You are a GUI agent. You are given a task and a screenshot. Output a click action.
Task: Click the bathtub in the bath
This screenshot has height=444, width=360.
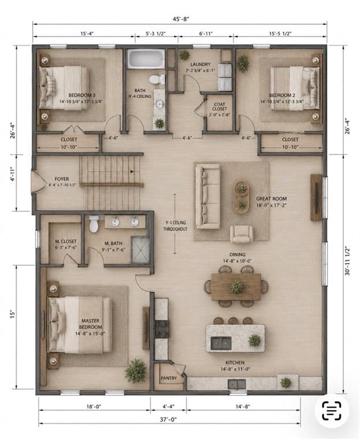(146, 59)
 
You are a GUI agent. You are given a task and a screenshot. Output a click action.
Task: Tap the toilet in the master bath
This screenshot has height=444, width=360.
(94, 224)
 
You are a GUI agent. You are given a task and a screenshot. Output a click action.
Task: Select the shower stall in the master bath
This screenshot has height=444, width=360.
(140, 250)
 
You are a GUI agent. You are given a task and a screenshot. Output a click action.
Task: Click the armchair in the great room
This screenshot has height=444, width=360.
(242, 234)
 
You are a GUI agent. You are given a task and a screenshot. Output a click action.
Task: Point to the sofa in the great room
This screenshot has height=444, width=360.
(208, 197)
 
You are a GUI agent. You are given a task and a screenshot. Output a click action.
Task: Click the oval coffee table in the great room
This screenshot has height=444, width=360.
(241, 197)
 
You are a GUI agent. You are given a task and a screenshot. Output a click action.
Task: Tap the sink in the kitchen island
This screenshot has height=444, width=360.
(221, 343)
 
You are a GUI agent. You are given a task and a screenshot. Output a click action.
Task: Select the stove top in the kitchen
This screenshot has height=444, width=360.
(162, 329)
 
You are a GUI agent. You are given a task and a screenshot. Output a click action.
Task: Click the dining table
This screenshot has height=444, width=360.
(236, 287)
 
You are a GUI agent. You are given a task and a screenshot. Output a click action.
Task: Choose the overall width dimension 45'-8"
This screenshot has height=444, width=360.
(181, 19)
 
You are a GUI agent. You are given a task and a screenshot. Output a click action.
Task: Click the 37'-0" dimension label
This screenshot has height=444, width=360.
(169, 419)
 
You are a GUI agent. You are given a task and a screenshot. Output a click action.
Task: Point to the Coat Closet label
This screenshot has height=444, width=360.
(220, 106)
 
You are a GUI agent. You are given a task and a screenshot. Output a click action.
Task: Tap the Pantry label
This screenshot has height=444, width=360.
(169, 378)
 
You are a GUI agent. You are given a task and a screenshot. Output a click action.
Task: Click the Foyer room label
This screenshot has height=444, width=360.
(62, 179)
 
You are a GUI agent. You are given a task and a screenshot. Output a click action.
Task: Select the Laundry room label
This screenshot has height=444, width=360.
(201, 64)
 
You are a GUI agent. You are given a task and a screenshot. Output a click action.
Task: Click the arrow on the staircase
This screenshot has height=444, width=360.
(132, 171)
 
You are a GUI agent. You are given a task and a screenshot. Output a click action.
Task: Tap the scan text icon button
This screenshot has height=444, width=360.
(332, 410)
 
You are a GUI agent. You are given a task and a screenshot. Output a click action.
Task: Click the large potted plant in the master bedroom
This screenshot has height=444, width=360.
(136, 371)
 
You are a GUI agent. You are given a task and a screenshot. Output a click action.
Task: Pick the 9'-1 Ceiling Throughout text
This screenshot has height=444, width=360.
(175, 225)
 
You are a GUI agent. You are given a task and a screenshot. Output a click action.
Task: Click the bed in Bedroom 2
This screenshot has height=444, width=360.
(295, 88)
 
